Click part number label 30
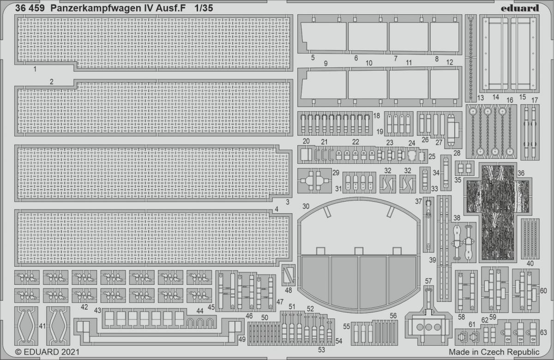[x=306, y=205]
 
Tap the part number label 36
[x=521, y=173]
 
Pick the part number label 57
[x=428, y=281]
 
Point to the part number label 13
[x=480, y=97]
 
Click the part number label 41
[x=42, y=327]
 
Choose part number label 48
[x=289, y=290]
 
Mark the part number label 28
[x=457, y=153]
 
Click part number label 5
[x=313, y=57]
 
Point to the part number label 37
[x=418, y=201]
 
